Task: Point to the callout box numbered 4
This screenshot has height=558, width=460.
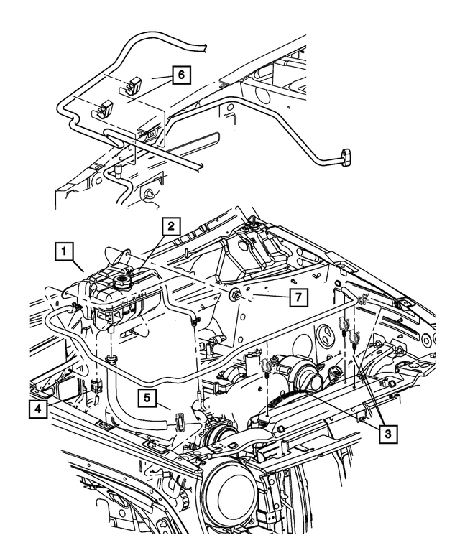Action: [35, 409]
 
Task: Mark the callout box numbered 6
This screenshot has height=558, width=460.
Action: [180, 73]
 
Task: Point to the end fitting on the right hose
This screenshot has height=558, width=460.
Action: [349, 156]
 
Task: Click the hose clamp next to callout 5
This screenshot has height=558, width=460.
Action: [180, 421]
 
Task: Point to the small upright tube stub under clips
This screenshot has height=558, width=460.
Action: [115, 173]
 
